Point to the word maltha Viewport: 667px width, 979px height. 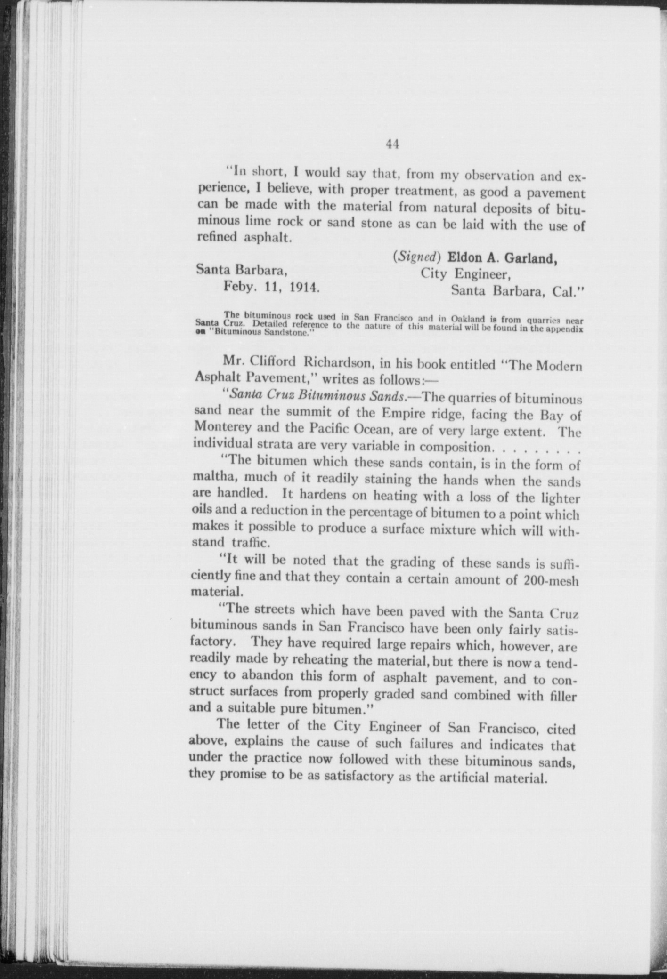(209, 478)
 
